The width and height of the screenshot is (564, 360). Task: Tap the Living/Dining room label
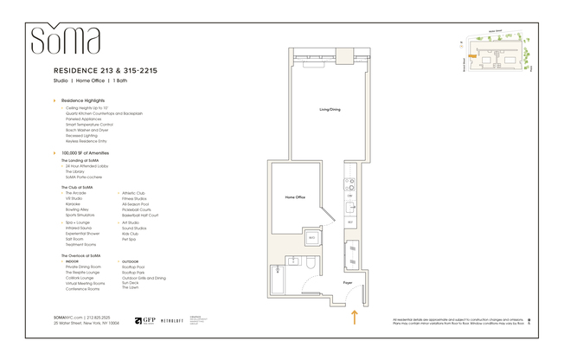pyautogui.click(x=330, y=110)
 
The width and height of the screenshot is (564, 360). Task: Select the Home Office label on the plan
pyautogui.click(x=295, y=197)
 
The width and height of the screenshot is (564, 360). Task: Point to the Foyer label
pyautogui.click(x=347, y=282)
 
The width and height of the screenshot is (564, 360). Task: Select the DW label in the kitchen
pyautogui.click(x=350, y=196)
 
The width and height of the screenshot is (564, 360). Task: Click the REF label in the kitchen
pyautogui.click(x=350, y=222)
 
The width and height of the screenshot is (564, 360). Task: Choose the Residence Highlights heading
pyautogui.click(x=89, y=100)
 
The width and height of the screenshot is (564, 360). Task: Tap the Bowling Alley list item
pyautogui.click(x=77, y=209)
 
